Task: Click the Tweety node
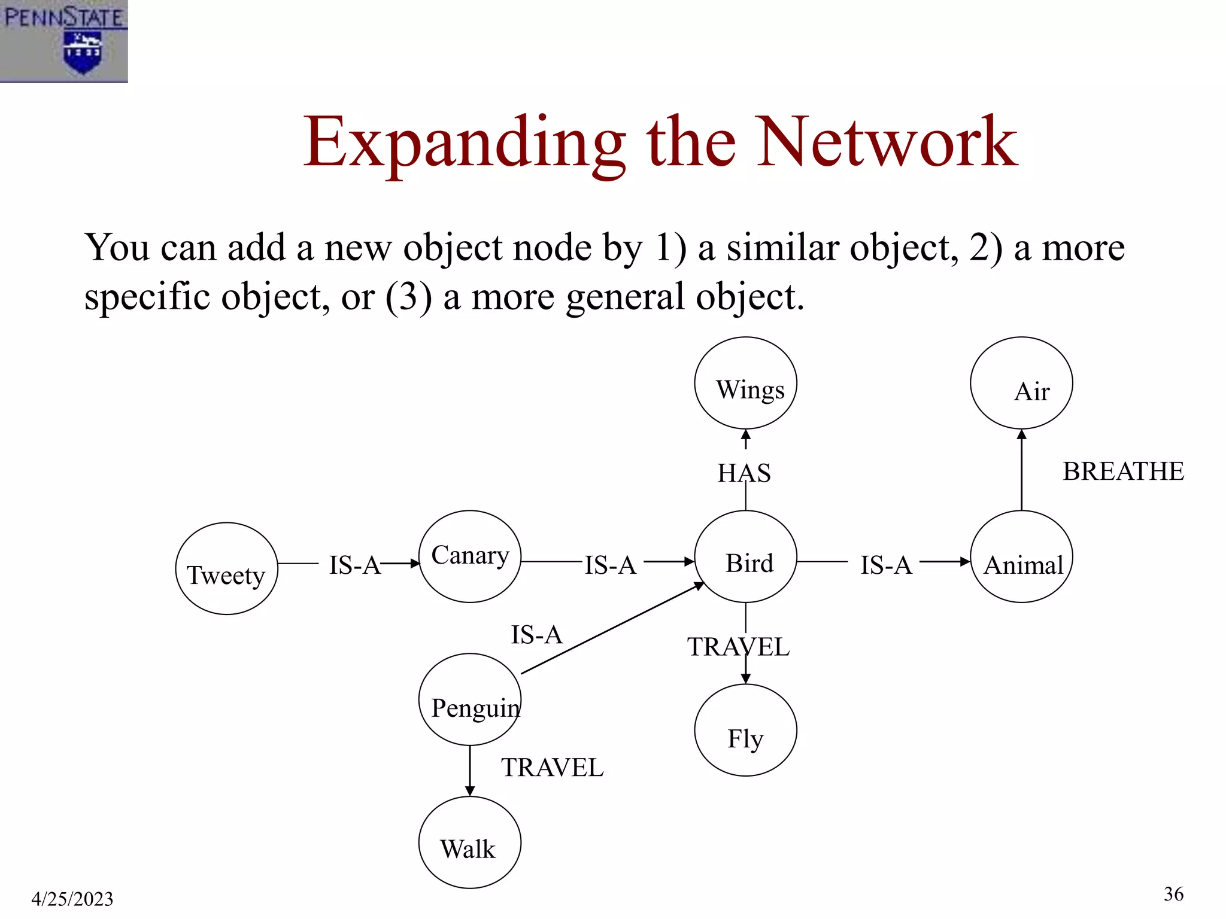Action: click(226, 568)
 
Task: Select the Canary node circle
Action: click(470, 556)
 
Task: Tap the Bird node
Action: click(745, 556)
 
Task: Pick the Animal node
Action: click(1021, 556)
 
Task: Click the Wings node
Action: click(745, 383)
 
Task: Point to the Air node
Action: click(1021, 383)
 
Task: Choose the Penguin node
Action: click(470, 699)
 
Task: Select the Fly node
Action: click(745, 730)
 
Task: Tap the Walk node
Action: click(470, 842)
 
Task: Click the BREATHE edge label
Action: click(1123, 471)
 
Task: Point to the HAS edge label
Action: click(744, 473)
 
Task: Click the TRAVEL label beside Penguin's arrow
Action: click(552, 768)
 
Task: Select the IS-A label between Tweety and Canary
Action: click(354, 565)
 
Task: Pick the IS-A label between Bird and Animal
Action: click(886, 565)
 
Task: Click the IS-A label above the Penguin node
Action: click(536, 635)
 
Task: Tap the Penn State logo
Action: click(63, 41)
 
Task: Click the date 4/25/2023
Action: click(72, 899)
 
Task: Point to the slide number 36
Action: click(1173, 894)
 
